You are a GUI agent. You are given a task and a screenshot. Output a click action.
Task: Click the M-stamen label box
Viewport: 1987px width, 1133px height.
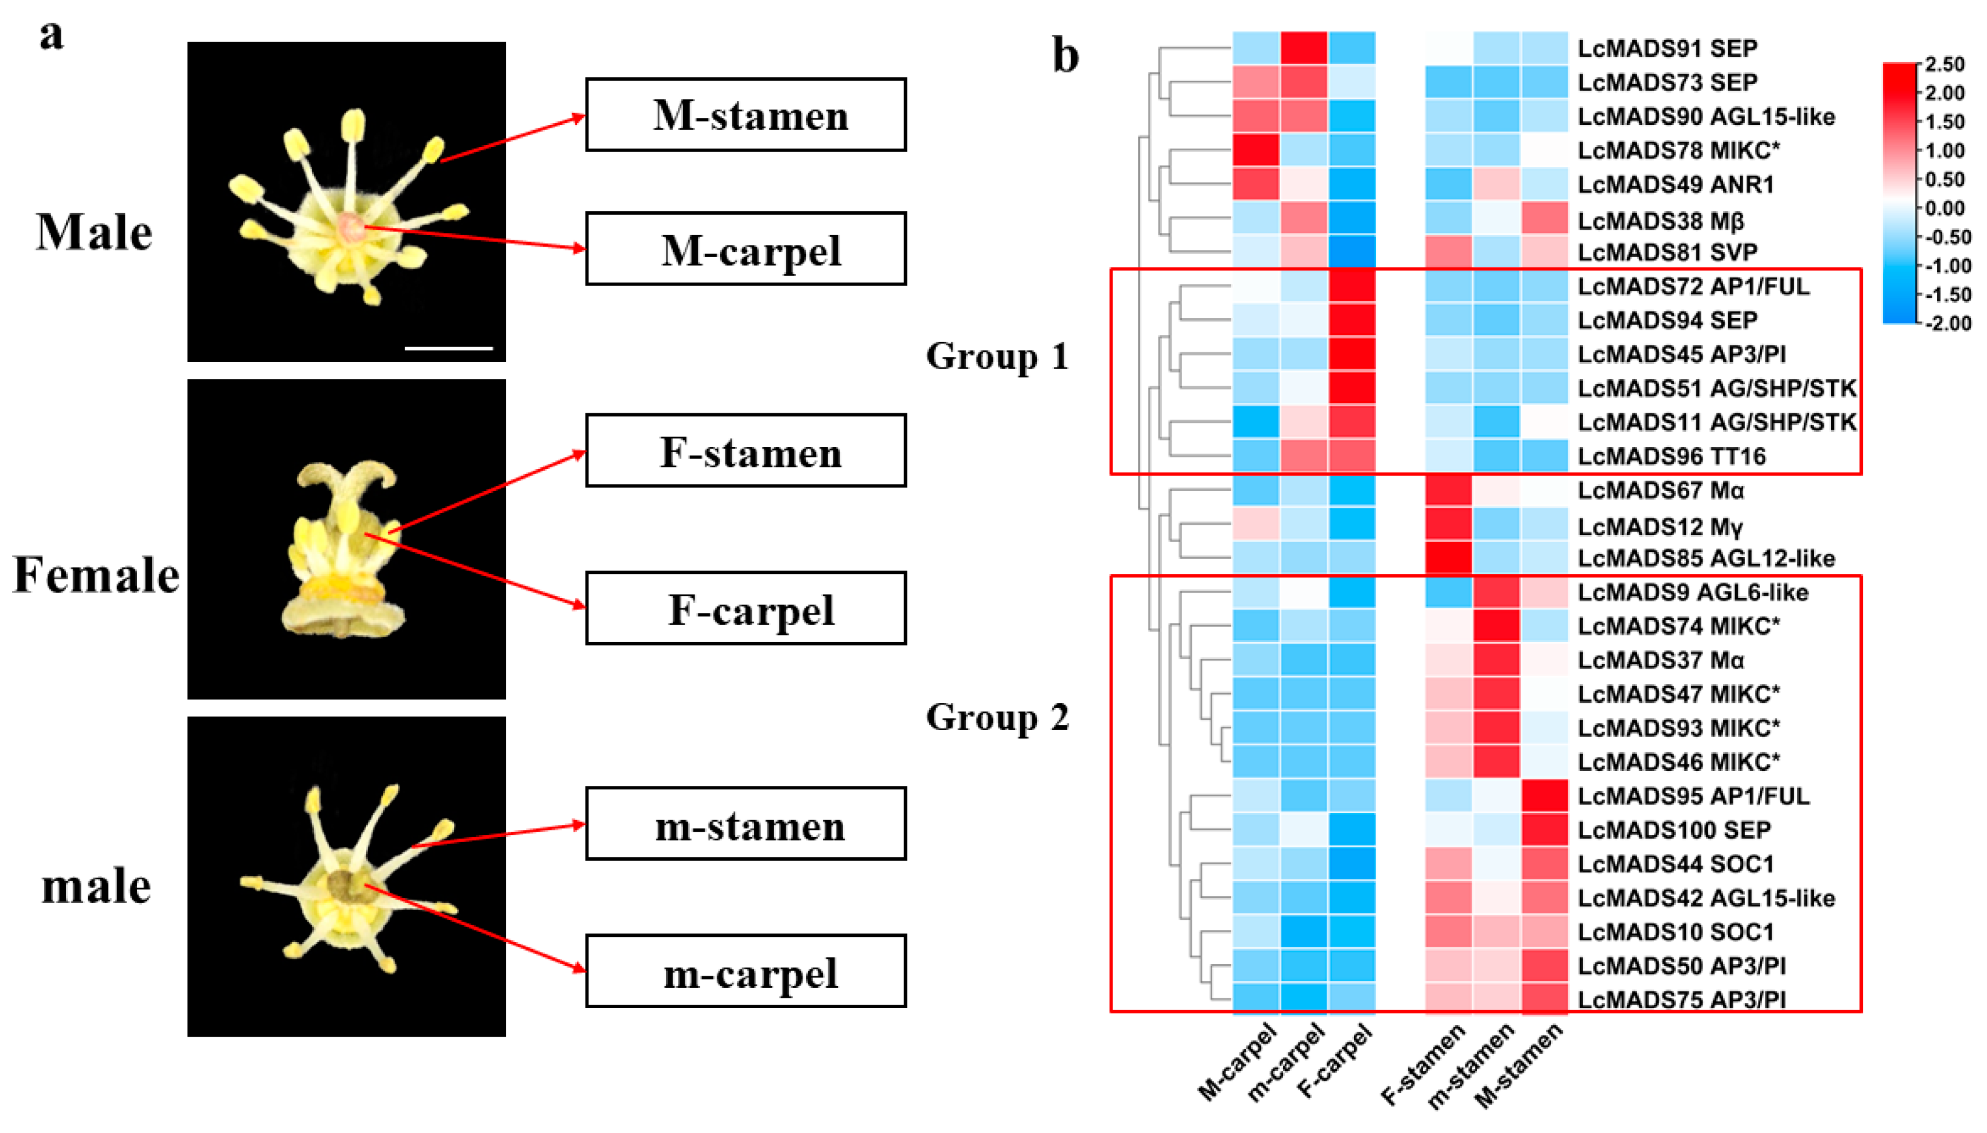[x=745, y=114]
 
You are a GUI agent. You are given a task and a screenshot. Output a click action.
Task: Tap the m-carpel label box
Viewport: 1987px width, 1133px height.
[x=745, y=971]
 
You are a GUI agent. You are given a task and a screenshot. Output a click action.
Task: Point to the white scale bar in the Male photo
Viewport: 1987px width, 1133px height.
[x=449, y=348]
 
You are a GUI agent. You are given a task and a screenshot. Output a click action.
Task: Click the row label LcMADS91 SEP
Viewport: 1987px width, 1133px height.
[x=1667, y=48]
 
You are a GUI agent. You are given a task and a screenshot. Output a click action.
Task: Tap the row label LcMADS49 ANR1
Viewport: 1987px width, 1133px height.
[x=1675, y=185]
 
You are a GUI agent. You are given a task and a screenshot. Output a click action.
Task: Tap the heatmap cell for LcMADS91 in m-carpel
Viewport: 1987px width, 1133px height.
[x=1304, y=48]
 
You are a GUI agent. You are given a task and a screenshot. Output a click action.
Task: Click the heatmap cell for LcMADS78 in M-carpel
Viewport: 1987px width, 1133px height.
[x=1256, y=150]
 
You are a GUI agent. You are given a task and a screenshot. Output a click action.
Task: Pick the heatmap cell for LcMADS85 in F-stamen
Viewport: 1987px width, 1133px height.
[x=1448, y=558]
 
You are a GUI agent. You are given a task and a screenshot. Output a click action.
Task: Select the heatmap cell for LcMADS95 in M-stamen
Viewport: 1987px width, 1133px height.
[x=1544, y=796]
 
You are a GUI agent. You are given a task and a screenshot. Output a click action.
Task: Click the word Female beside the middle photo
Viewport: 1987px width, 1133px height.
[x=96, y=575]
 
